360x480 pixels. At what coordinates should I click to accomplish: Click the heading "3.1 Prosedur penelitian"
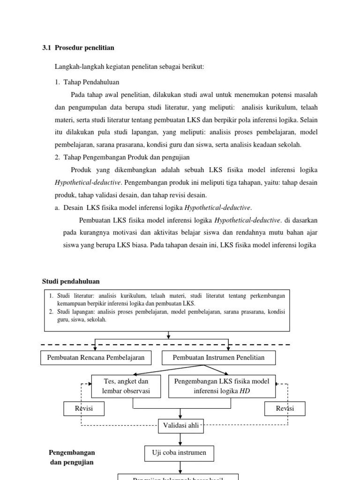coord(78,48)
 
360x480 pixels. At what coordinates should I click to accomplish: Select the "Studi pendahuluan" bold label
coord(71,281)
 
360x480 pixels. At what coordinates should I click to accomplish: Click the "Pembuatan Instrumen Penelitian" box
coord(218,358)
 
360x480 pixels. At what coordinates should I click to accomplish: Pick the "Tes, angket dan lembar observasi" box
coord(126,386)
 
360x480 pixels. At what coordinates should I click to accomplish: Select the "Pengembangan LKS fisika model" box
coord(222,386)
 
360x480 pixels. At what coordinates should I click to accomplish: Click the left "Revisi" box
coord(84,408)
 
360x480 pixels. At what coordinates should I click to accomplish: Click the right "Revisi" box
coord(285,408)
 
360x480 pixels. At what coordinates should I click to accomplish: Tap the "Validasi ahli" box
coord(180,426)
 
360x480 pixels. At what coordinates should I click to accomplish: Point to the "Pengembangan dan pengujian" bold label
coord(72,457)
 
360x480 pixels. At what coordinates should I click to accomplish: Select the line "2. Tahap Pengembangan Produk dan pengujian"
coord(122,157)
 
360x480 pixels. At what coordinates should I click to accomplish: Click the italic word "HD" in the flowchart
coord(245,391)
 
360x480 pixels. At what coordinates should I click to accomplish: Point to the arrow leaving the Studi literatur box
coord(169,334)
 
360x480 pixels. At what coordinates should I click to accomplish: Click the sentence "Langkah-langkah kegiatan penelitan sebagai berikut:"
coord(129,67)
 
